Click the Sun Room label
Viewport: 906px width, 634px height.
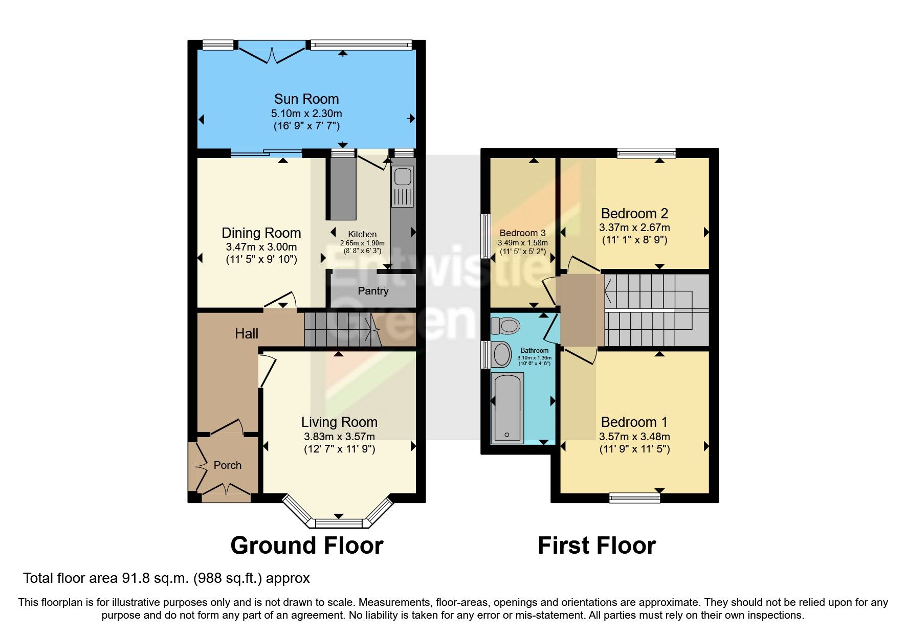pos(306,99)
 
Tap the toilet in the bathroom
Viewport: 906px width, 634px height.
pos(505,325)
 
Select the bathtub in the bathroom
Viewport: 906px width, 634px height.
pos(507,407)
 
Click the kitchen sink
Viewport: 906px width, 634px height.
pos(403,177)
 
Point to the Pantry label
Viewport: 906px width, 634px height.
pos(373,291)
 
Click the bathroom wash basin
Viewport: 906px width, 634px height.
pos(502,354)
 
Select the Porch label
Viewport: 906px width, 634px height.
pos(227,465)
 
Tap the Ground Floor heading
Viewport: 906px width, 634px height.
pos(306,546)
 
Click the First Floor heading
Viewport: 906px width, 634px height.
pos(596,546)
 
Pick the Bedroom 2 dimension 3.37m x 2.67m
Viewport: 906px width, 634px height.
pos(634,228)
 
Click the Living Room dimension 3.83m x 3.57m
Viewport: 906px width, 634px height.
pos(339,437)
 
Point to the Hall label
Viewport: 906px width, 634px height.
pos(246,334)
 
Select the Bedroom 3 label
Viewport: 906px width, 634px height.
pos(522,233)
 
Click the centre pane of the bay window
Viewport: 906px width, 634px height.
pos(338,523)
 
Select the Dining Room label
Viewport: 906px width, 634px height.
pos(261,233)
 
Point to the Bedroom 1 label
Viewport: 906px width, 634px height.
pos(634,422)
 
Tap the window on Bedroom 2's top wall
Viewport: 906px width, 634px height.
pos(646,152)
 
